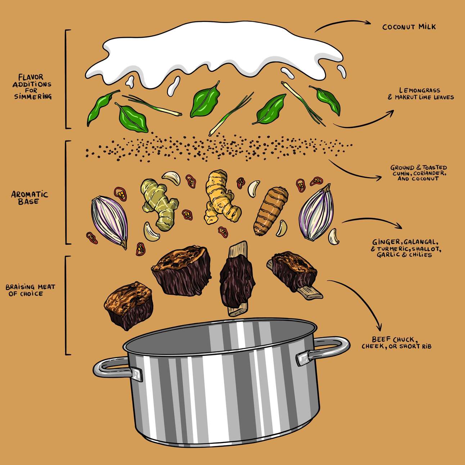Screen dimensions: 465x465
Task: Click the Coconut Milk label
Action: click(409, 27)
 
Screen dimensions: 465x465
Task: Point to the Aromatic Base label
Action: click(30, 198)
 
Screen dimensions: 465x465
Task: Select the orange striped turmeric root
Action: click(271, 211)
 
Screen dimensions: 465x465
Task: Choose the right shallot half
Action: click(316, 213)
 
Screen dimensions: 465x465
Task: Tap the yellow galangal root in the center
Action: click(221, 197)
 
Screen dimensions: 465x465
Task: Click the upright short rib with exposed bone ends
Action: click(236, 279)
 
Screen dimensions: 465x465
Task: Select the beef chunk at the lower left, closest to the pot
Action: click(128, 305)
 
